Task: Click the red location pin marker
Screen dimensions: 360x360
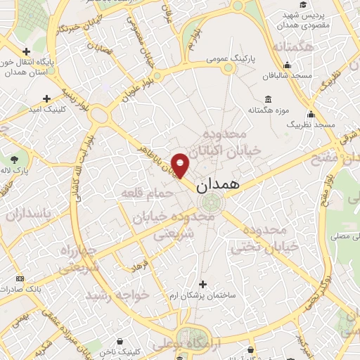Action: [x=181, y=165]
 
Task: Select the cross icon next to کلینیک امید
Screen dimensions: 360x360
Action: [x=48, y=98]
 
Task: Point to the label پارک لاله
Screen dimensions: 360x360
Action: [x=19, y=171]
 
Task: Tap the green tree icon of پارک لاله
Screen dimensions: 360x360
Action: [x=15, y=158]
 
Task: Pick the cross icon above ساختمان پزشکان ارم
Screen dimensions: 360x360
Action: [x=204, y=285]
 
